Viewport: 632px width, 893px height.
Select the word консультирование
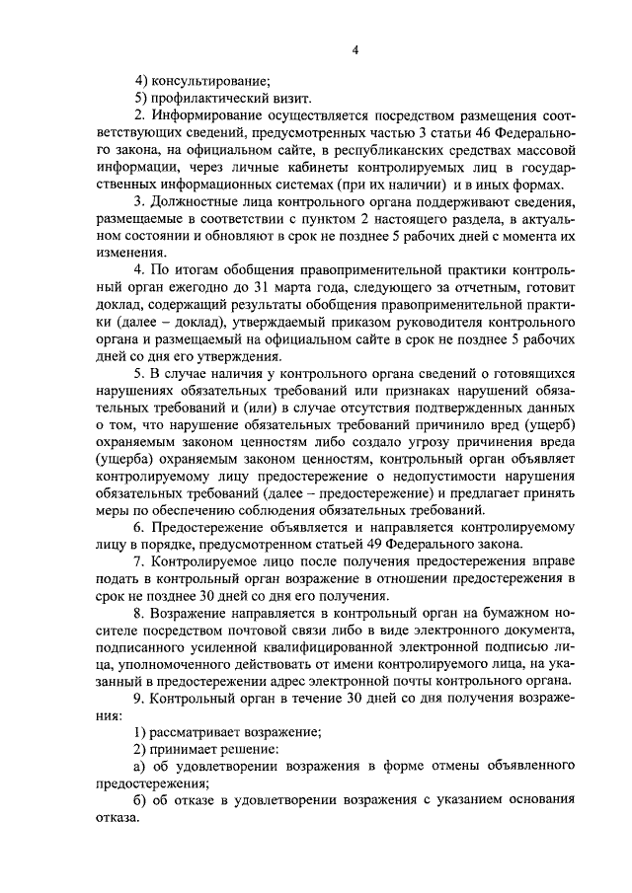207,82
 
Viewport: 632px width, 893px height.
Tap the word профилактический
207,99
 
